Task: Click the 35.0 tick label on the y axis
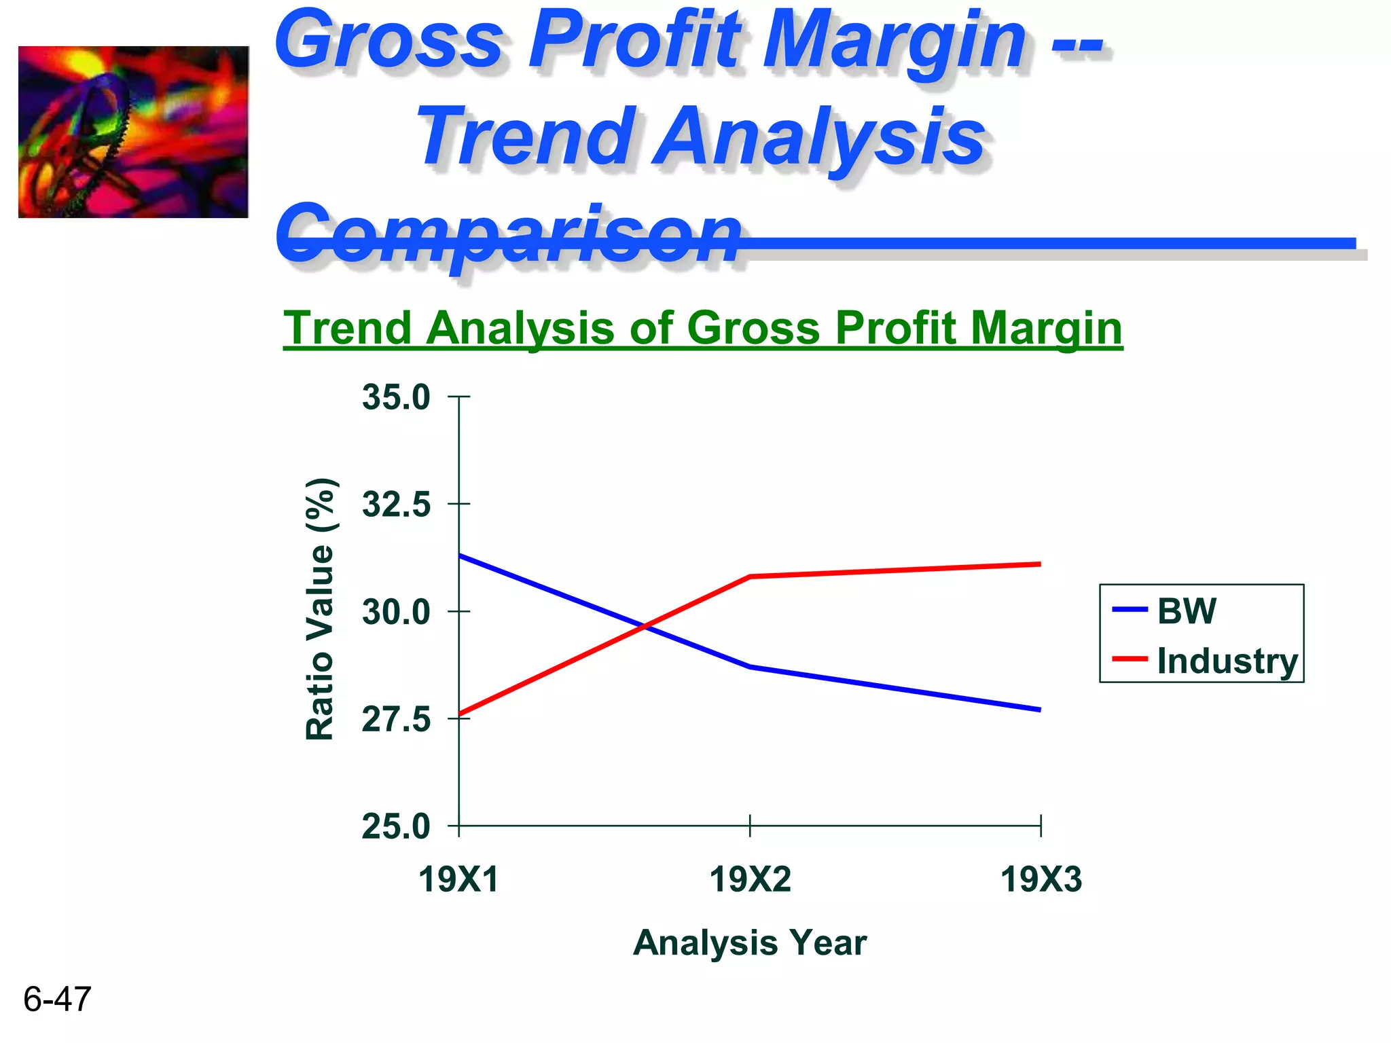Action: click(396, 397)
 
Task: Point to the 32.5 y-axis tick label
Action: click(396, 505)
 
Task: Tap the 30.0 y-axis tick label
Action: click(396, 612)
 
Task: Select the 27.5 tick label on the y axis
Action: click(396, 719)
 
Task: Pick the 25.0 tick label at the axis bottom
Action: click(396, 826)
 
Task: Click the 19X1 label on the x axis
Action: click(458, 879)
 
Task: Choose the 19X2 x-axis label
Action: click(750, 879)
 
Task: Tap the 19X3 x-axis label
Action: click(1041, 879)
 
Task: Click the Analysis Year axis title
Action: click(750, 943)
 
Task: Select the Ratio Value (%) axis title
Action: click(320, 609)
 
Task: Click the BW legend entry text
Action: click(1187, 610)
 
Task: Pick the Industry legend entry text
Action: click(1227, 661)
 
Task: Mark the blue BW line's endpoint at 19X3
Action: click(1039, 710)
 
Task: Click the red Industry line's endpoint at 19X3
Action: click(1039, 564)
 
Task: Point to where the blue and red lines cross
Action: click(645, 626)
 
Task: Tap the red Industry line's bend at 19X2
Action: click(750, 577)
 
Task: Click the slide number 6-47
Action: click(57, 999)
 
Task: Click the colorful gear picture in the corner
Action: click(133, 132)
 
